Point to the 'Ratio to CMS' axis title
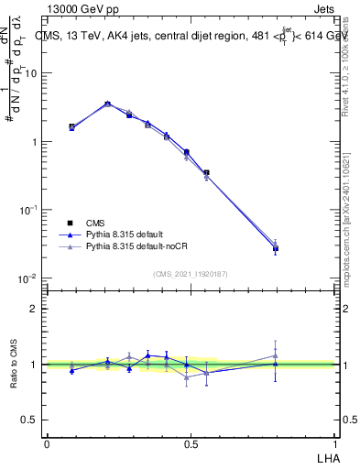click(x=13, y=365)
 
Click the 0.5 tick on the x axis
click(x=191, y=443)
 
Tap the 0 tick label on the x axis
click(x=47, y=443)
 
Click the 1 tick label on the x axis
click(x=334, y=443)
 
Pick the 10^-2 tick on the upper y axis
click(x=29, y=278)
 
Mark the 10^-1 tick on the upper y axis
click(x=29, y=210)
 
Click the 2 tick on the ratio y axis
click(x=35, y=309)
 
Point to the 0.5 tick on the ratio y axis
click(x=31, y=420)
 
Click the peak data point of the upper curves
click(x=107, y=104)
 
